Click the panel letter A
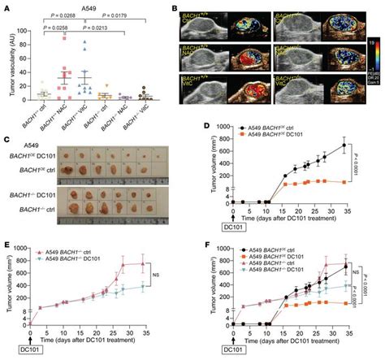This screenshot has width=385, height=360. click(x=6, y=7)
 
